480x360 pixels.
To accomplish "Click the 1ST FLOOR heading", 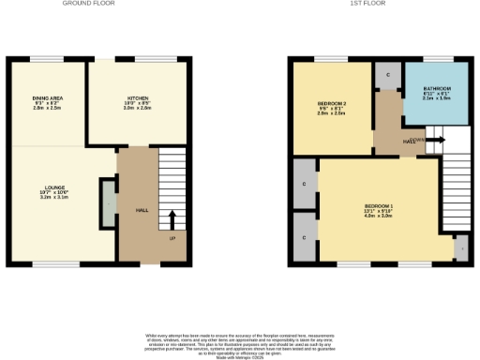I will [x=364, y=4].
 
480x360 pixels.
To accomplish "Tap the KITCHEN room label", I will [x=138, y=97].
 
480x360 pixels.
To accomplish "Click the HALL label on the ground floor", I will [x=142, y=210].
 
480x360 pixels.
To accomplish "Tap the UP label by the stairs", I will [x=172, y=237].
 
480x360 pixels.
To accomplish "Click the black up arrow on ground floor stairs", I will [x=172, y=220].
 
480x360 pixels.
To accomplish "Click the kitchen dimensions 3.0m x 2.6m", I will [x=138, y=108].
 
